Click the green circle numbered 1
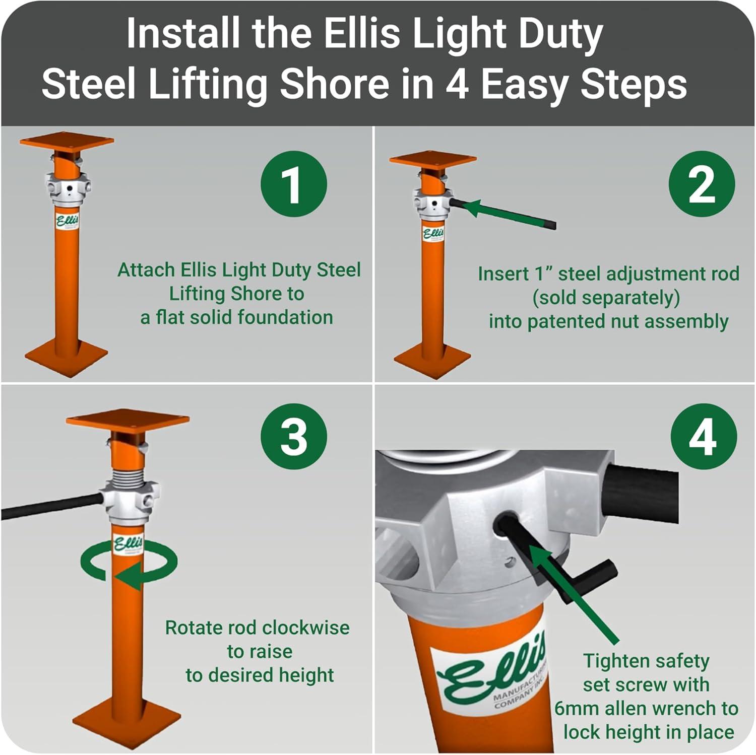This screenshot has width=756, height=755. (x=293, y=184)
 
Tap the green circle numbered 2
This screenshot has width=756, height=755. (x=701, y=184)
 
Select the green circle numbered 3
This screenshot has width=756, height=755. (x=293, y=436)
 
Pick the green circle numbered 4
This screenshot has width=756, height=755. (x=703, y=436)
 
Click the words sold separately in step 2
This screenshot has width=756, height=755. (x=606, y=298)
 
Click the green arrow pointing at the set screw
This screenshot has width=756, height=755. (x=575, y=594)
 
